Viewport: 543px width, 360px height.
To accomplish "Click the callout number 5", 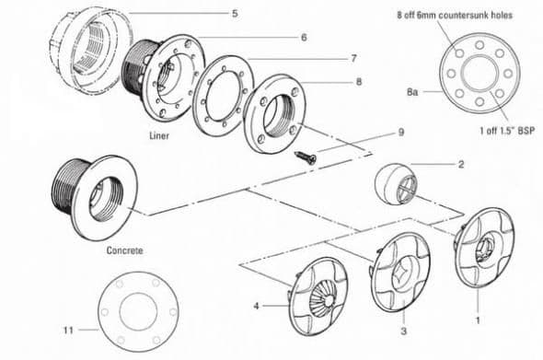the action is click(235, 14).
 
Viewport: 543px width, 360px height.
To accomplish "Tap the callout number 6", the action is click(304, 38).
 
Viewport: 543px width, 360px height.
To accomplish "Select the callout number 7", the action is click(353, 59).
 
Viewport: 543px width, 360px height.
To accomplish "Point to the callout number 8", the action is click(359, 82).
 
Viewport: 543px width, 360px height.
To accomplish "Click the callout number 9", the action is click(401, 133).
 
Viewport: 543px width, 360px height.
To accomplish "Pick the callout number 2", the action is click(461, 164).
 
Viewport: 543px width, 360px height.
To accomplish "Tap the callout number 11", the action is click(68, 330).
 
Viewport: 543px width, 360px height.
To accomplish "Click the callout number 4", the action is click(256, 307).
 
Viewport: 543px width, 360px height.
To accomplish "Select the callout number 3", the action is click(403, 331).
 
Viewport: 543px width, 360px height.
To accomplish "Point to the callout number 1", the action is click(478, 320).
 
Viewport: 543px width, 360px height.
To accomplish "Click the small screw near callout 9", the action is click(306, 157).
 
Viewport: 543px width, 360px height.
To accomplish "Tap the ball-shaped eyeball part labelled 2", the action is click(396, 183).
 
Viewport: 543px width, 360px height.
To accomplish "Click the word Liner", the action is click(159, 135).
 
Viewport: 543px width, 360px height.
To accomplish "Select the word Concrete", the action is click(124, 250).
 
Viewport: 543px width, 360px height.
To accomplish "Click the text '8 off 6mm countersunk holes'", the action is click(455, 16).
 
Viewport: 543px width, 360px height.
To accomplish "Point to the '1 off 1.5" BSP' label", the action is click(507, 131).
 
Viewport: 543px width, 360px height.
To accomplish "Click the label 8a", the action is click(412, 92).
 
